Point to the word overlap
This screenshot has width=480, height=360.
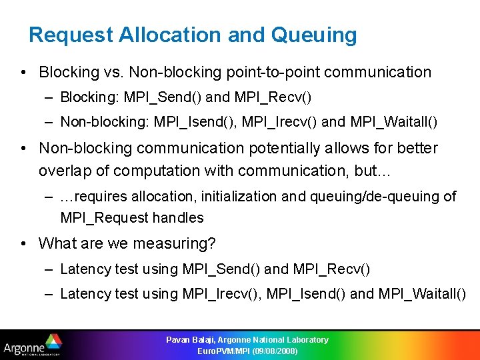pyautogui.click(x=67, y=171)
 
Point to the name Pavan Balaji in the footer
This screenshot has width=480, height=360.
pyautogui.click(x=189, y=340)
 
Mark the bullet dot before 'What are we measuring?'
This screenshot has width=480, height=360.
pyautogui.click(x=23, y=243)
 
